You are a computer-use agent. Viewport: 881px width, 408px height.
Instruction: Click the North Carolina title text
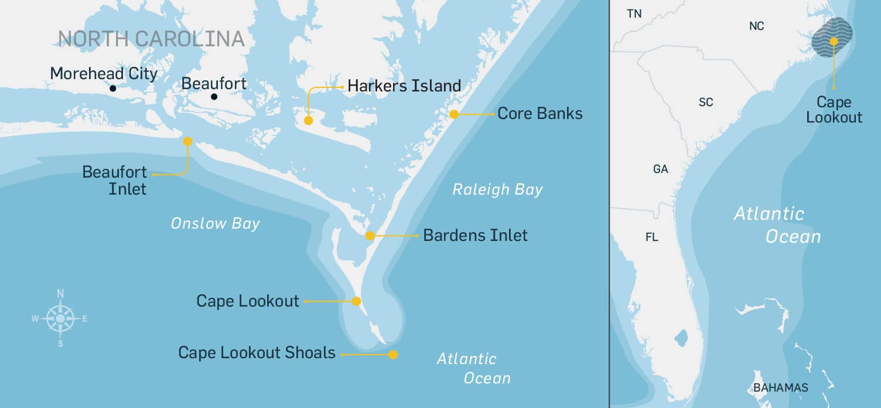click(x=151, y=39)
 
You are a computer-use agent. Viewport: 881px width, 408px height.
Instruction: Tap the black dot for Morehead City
click(x=112, y=89)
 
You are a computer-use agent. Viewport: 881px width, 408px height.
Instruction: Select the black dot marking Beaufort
click(x=214, y=96)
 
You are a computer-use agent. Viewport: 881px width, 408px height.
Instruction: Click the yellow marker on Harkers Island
click(x=308, y=121)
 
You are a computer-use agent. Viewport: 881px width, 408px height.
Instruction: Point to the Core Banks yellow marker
click(x=454, y=114)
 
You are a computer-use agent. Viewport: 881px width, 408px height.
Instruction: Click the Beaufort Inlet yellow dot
click(x=187, y=141)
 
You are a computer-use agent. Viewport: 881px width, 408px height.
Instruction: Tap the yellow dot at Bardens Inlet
click(x=370, y=236)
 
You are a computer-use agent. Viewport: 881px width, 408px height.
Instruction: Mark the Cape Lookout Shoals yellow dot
click(x=393, y=355)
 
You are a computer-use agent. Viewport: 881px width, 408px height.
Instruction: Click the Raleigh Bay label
click(x=497, y=190)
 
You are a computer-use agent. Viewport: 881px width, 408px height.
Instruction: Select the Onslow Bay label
click(x=215, y=224)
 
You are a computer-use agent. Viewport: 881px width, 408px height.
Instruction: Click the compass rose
click(x=60, y=318)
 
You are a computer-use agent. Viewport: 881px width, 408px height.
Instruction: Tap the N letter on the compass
click(x=60, y=294)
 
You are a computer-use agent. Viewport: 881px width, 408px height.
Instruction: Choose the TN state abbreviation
click(x=634, y=13)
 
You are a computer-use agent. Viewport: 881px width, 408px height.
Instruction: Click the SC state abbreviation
click(x=706, y=102)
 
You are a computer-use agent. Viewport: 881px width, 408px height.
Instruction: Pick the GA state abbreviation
click(x=660, y=169)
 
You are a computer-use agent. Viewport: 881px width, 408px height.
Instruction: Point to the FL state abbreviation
click(x=651, y=237)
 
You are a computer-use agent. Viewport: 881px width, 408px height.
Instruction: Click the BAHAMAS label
click(x=780, y=387)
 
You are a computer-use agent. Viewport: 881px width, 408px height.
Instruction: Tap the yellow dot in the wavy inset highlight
click(x=833, y=41)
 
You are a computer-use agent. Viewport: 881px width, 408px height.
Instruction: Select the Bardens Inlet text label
click(x=475, y=236)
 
